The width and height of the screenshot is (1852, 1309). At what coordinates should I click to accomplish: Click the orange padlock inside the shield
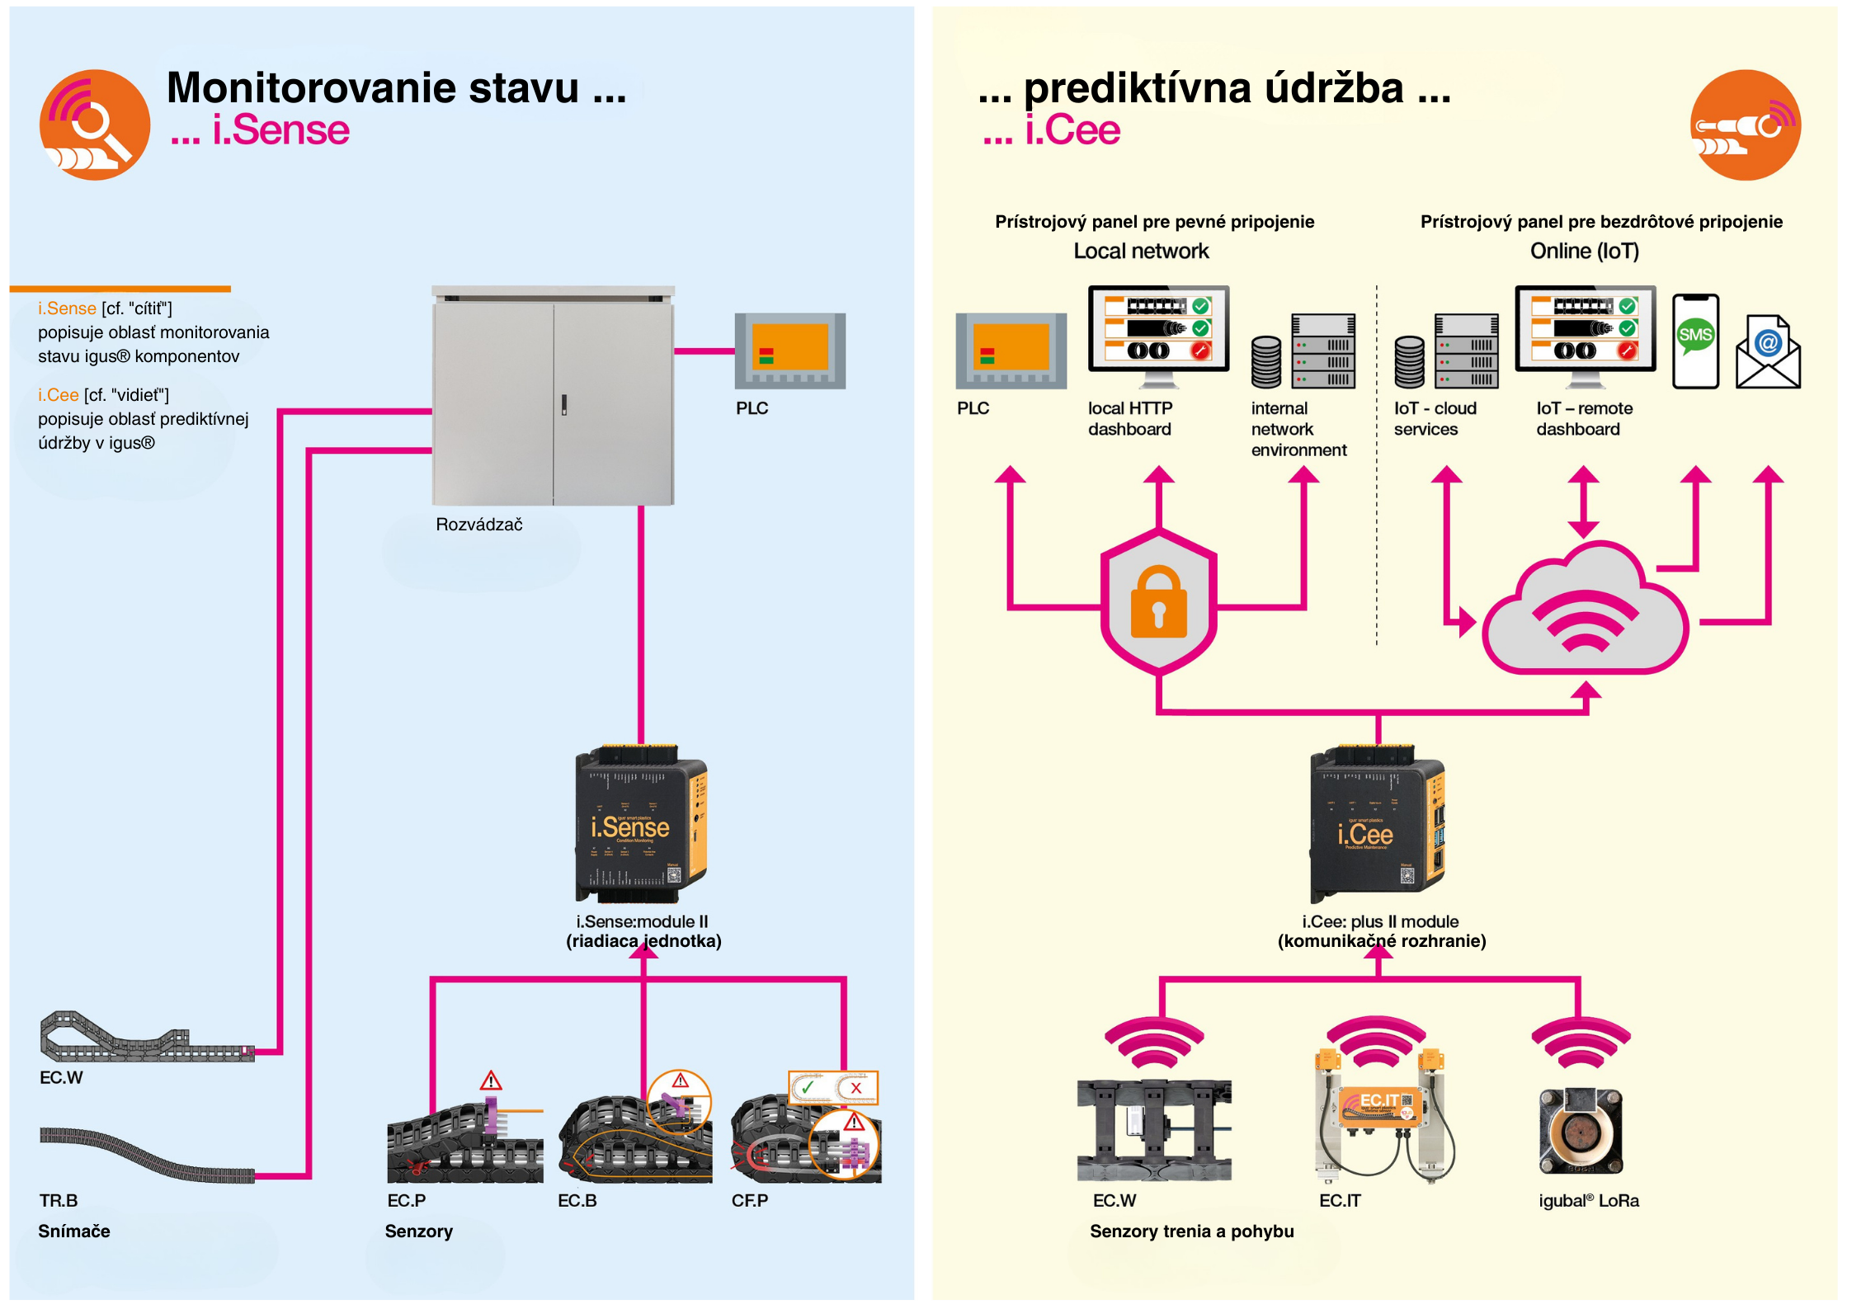(1158, 602)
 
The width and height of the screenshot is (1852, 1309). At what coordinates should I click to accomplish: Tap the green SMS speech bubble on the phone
(1695, 335)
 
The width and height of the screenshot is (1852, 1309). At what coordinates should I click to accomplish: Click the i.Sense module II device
(641, 825)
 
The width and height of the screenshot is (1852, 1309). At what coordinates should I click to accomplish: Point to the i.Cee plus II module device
(1377, 825)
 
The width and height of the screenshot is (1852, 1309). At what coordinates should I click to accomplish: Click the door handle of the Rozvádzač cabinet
(564, 404)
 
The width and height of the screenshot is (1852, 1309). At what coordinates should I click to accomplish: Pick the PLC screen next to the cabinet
(789, 351)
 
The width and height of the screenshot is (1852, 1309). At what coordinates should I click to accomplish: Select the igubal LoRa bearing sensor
(1580, 1130)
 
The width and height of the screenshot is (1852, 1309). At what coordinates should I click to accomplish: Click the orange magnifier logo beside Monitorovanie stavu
(95, 125)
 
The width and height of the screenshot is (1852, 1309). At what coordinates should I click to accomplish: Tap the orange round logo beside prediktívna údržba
(1745, 125)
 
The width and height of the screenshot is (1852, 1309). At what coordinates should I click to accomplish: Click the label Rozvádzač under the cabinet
(478, 525)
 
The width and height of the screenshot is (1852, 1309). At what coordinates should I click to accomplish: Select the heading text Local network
(1141, 252)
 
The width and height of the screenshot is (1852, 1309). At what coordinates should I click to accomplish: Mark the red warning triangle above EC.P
(491, 1081)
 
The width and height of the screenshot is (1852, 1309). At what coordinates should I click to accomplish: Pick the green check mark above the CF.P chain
(808, 1087)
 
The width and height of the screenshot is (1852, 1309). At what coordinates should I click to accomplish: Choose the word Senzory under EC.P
(418, 1231)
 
